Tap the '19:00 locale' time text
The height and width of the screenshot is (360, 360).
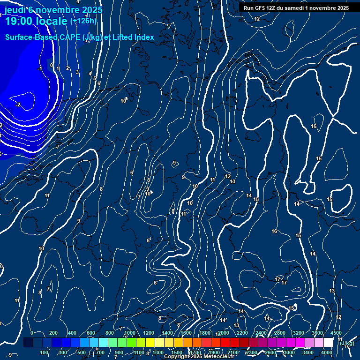pos(35,21)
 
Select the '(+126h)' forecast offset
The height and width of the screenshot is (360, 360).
pos(83,21)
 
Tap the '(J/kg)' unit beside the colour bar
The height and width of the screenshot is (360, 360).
pos(347,343)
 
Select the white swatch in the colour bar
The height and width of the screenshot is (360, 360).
pos(328,343)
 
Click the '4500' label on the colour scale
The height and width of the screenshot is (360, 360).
pos(336,333)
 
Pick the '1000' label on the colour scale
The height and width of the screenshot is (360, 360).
pos(130,333)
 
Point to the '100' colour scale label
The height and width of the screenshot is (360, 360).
pos(45,352)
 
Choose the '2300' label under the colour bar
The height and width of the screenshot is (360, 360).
pos(252,352)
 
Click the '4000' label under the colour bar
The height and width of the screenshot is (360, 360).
pos(327,352)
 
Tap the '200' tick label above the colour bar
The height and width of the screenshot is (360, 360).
pos(53,333)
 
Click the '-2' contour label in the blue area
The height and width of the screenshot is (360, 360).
pos(18,105)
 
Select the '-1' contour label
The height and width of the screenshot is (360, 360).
pos(40,69)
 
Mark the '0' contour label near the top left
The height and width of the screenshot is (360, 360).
pos(52,65)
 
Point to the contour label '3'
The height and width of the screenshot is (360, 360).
pos(77,72)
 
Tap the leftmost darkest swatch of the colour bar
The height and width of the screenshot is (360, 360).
pos(28,343)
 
